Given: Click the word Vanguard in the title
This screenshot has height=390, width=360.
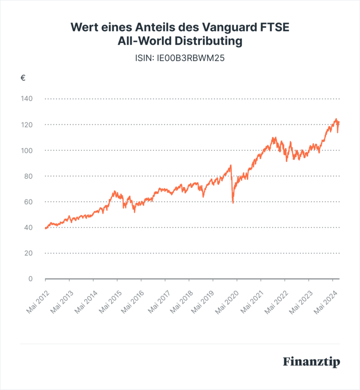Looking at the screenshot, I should [x=236, y=27].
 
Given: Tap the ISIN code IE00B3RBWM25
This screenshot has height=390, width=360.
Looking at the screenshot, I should [x=180, y=58].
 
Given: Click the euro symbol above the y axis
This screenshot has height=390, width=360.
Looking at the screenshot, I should [x=23, y=78].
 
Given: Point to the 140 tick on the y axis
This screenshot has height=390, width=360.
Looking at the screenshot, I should [x=26, y=99].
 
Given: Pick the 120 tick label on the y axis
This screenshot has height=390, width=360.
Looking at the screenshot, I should [x=26, y=125].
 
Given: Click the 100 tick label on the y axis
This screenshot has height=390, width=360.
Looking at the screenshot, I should [x=26, y=150].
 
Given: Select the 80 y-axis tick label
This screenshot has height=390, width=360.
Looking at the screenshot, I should [x=27, y=176].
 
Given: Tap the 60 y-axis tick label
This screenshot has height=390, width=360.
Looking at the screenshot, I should [x=27, y=202].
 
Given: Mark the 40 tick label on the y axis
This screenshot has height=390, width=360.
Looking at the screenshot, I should [x=27, y=227].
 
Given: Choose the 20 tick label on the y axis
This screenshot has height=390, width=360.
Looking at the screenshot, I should [x=27, y=253].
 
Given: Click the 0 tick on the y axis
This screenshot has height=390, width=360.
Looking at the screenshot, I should [x=30, y=279].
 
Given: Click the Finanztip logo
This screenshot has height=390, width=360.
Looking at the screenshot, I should [x=311, y=362].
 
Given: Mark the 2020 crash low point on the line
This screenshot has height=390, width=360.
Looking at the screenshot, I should [x=233, y=203].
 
